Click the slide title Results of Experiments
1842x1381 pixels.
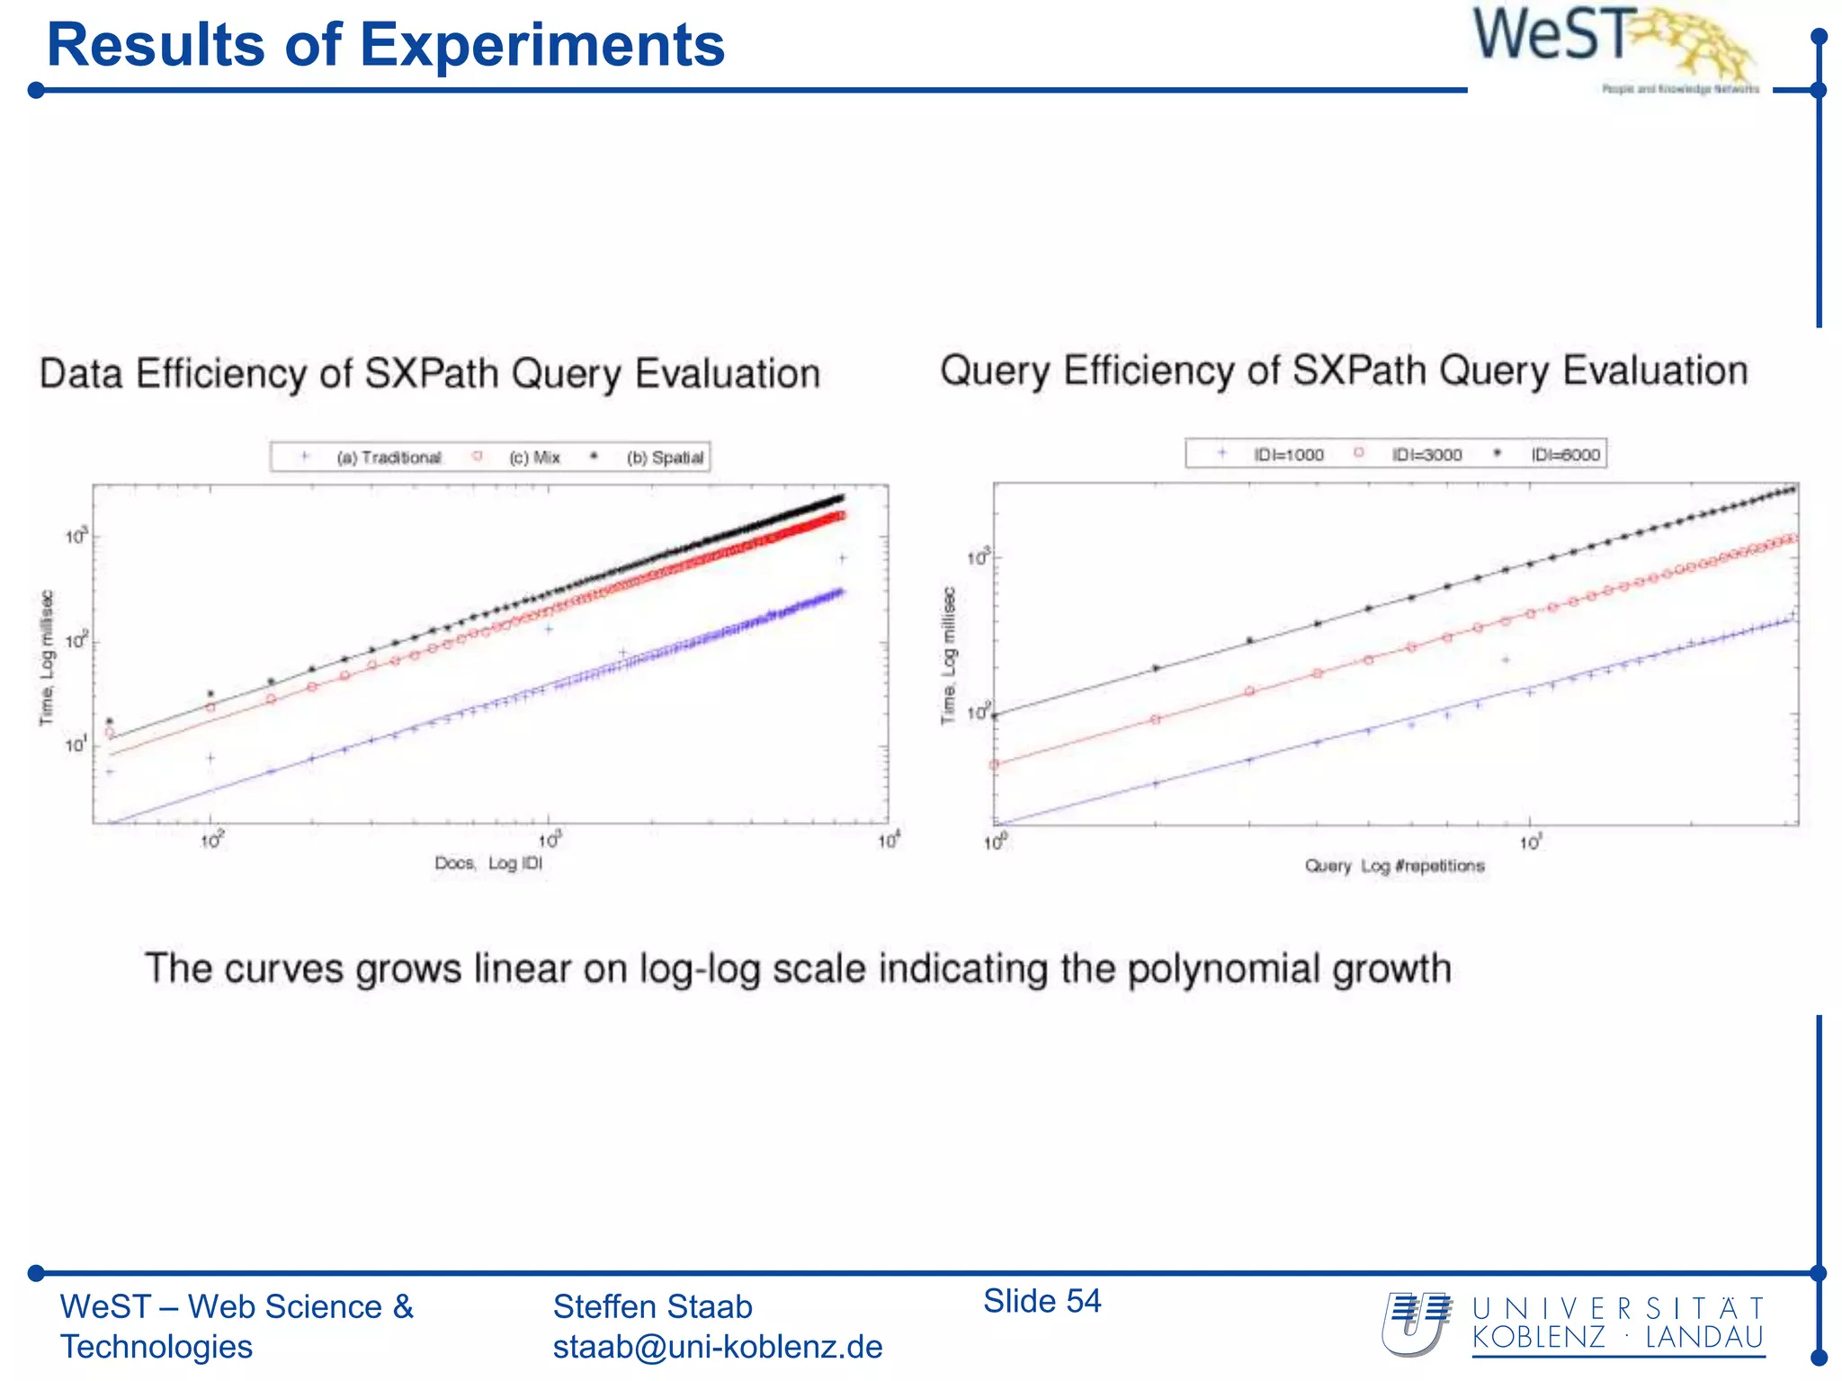385,45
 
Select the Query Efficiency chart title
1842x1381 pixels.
1344,370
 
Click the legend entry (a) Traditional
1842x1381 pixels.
389,458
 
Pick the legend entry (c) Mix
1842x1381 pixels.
534,458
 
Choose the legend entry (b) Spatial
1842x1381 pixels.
665,458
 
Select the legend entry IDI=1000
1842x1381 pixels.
1288,455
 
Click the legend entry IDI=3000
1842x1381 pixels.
1426,455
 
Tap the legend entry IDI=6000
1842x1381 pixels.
1565,455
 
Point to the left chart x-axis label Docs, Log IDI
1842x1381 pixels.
488,863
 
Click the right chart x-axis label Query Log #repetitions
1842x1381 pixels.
1394,866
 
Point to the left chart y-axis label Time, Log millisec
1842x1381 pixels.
47,657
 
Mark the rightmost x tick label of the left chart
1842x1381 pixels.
889,841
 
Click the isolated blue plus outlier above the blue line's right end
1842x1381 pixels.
843,558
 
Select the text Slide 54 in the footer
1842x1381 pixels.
1042,1301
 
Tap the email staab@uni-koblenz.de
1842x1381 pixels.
717,1347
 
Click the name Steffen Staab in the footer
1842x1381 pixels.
652,1306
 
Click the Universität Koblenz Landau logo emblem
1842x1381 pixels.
1417,1323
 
